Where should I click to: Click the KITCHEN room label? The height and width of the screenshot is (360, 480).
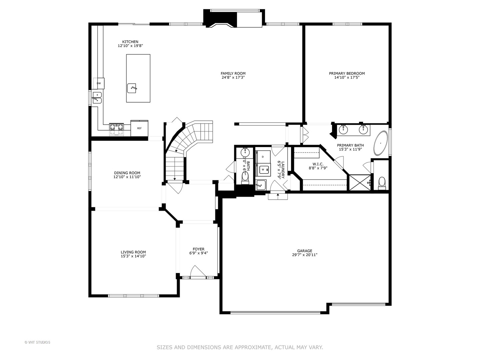click(x=130, y=42)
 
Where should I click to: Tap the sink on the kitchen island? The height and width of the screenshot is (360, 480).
click(x=132, y=88)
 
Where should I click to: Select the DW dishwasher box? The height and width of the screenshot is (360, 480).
click(x=99, y=83)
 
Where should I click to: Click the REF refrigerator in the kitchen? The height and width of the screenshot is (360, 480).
click(x=139, y=128)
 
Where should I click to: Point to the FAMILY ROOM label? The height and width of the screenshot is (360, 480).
click(x=233, y=74)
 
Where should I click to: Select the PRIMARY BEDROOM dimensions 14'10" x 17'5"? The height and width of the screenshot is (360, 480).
click(x=347, y=78)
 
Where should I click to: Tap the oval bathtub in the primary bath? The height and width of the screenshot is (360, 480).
click(x=380, y=143)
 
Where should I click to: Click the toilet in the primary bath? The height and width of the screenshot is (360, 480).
click(x=382, y=182)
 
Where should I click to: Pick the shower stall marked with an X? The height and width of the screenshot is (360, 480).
click(x=359, y=183)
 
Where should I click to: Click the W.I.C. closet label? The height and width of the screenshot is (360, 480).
click(x=318, y=164)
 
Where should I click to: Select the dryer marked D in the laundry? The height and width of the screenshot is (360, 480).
click(x=263, y=156)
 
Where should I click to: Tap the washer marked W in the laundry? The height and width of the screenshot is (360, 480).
click(x=263, y=169)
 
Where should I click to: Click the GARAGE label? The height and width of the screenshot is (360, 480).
click(x=305, y=251)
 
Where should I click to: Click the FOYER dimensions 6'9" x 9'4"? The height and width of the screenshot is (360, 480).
click(x=198, y=253)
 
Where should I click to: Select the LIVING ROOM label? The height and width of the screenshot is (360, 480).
click(x=133, y=252)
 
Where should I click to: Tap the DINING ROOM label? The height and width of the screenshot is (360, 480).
click(x=127, y=173)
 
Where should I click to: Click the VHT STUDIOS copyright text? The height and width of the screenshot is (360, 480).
click(x=37, y=342)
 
